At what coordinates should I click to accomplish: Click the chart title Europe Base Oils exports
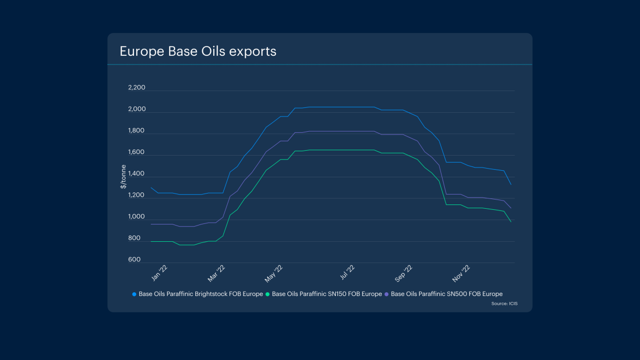198,51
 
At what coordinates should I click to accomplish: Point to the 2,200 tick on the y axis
137,88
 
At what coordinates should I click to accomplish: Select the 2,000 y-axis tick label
137,110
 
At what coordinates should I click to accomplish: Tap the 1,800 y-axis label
137,131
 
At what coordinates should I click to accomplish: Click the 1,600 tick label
137,152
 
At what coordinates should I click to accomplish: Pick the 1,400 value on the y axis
137,174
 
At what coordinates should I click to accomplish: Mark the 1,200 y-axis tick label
137,195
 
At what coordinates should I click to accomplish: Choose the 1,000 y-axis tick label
137,217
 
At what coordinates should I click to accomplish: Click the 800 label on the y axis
135,238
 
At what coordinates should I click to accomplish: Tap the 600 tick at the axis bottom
135,260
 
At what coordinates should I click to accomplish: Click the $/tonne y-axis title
124,177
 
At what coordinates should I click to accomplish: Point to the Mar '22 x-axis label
216,274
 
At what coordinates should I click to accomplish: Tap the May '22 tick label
274,274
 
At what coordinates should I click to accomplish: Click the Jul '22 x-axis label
347,274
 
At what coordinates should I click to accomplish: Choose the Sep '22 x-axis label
405,274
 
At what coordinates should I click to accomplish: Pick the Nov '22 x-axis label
463,274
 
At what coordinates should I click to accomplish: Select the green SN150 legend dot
268,294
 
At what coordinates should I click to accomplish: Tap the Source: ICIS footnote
504,304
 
